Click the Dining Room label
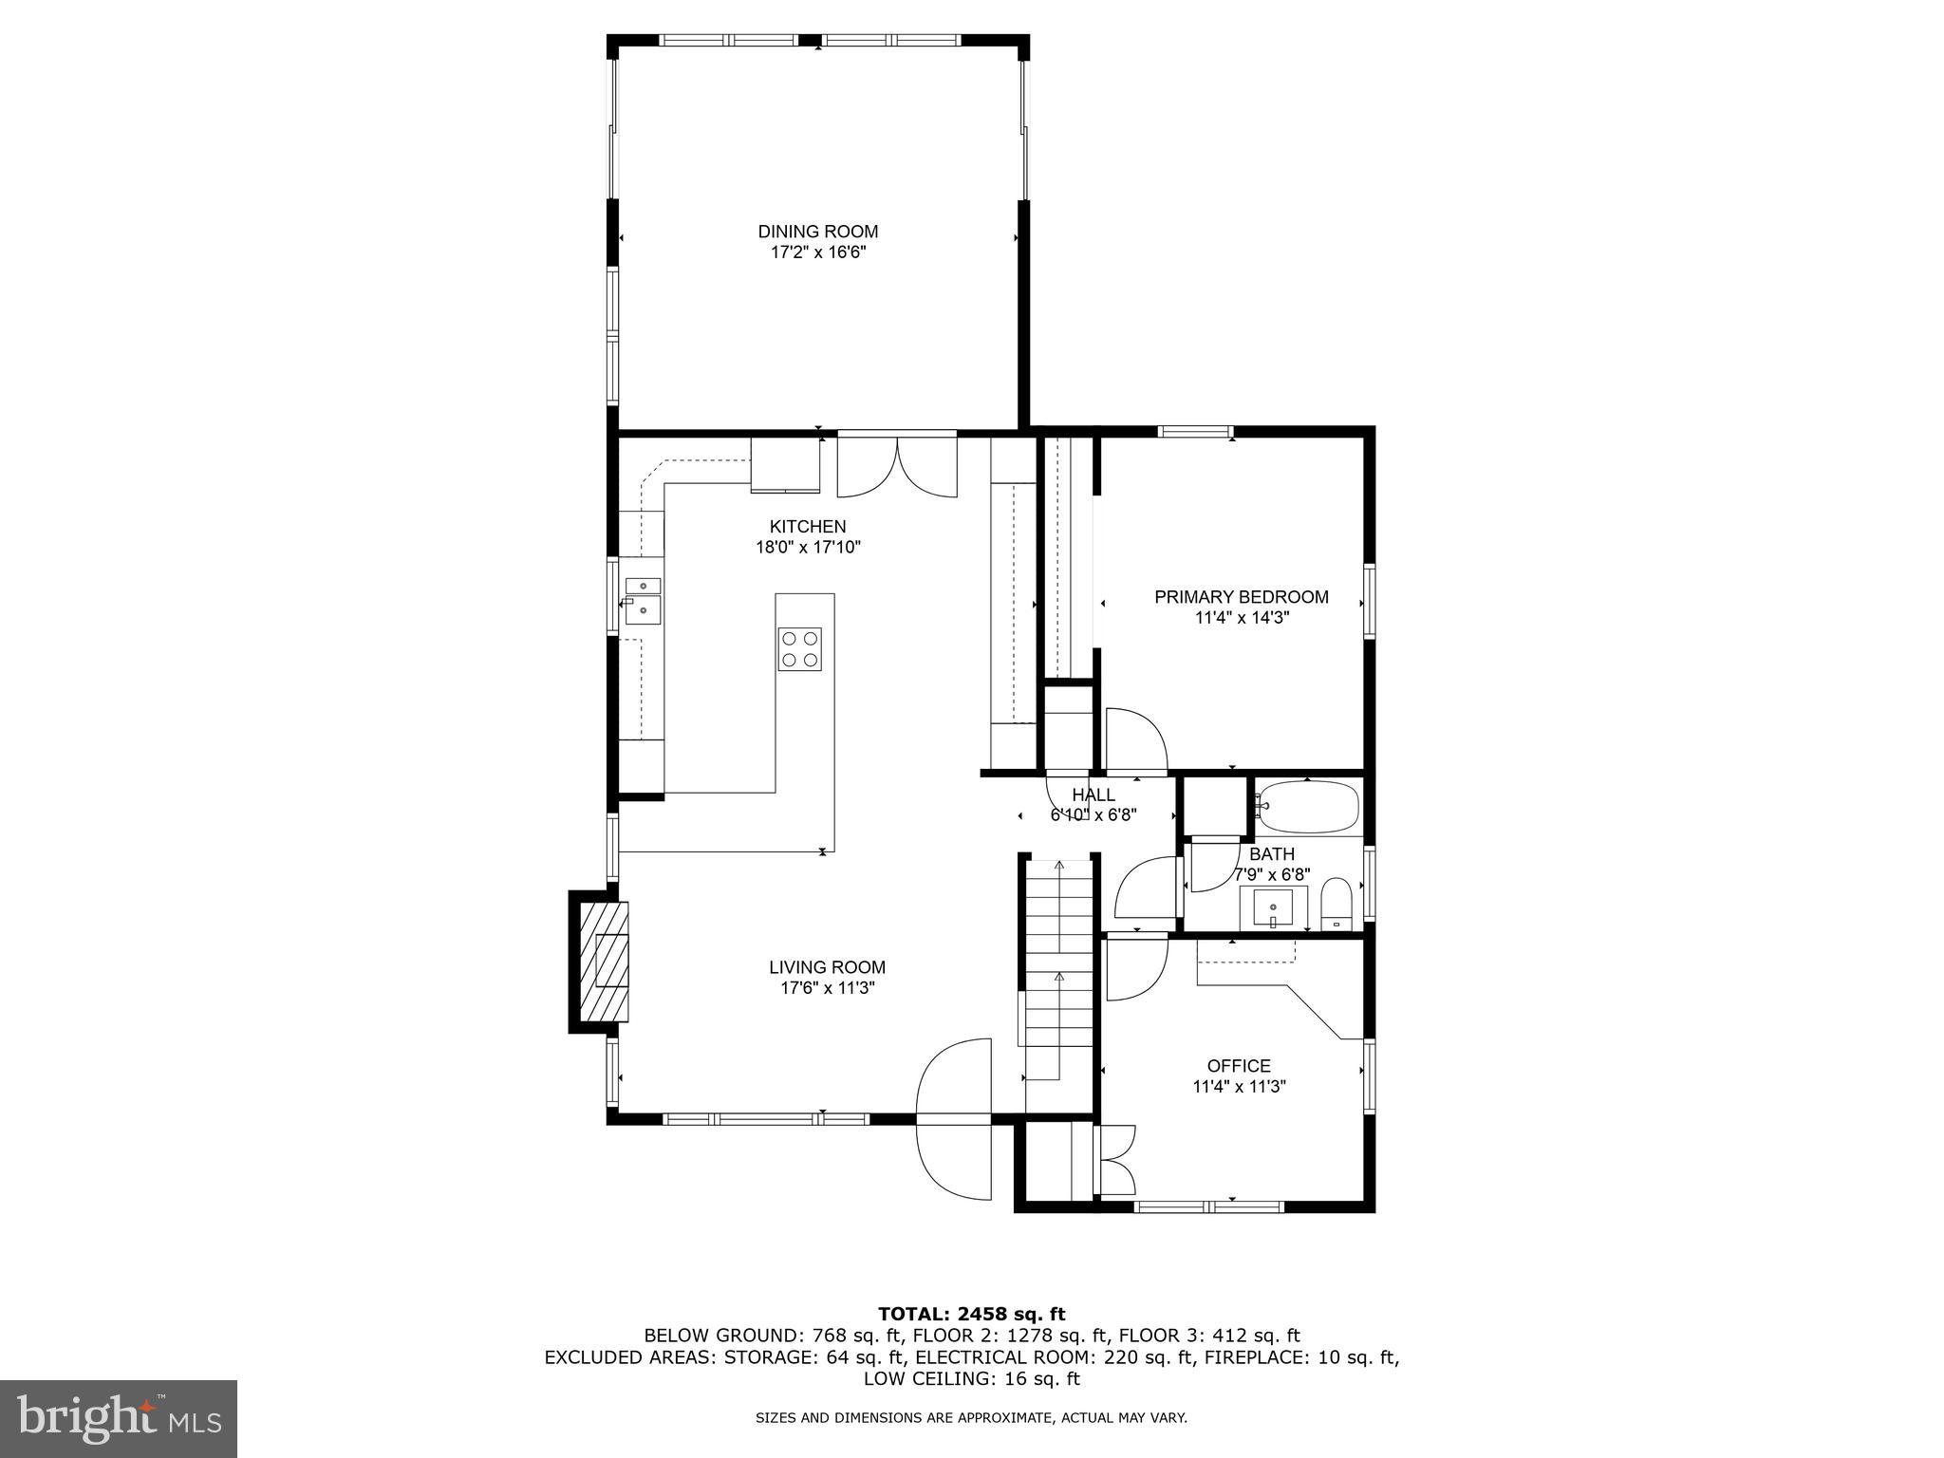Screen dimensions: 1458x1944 [x=817, y=232]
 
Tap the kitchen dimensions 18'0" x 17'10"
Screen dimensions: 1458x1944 [x=807, y=548]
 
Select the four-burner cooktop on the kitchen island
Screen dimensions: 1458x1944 [x=799, y=649]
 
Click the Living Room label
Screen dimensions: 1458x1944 [x=827, y=967]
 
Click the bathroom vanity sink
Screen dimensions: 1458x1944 [x=1273, y=908]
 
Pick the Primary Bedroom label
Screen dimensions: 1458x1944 [x=1241, y=597]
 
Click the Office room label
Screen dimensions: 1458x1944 [x=1239, y=1066]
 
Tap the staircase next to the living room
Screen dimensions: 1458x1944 [x=1058, y=978]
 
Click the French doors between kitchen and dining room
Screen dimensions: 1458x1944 [x=897, y=465]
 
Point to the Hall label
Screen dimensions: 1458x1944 [x=1093, y=795]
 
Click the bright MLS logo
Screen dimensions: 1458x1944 [x=119, y=1418]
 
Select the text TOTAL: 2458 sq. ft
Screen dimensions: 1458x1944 [x=971, y=1314]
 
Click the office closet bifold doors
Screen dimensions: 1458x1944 [x=1117, y=1160]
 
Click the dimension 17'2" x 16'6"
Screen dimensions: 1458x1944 [x=817, y=252]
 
